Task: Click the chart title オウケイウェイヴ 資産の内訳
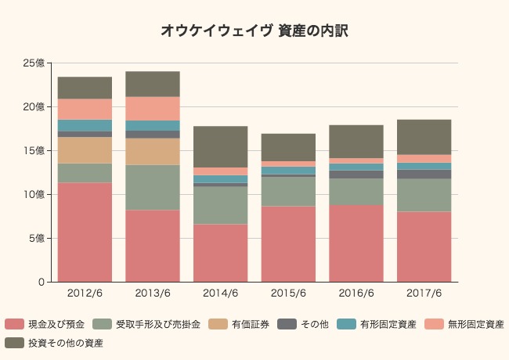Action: coord(254,31)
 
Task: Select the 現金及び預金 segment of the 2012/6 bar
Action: coord(85,232)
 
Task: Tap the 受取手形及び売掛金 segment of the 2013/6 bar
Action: coord(153,187)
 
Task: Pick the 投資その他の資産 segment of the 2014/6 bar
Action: coord(220,146)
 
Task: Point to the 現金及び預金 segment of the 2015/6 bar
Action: coord(288,243)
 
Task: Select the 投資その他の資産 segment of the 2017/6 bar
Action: coord(424,137)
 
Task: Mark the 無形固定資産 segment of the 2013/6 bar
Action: coord(153,109)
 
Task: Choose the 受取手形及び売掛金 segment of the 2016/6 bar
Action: coord(356,192)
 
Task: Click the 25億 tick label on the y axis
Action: coord(33,63)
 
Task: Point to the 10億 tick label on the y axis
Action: coord(33,194)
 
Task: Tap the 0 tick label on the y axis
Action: coord(40,282)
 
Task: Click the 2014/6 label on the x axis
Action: coord(220,293)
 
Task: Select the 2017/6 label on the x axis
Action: coord(424,293)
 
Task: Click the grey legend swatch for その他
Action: coord(284,324)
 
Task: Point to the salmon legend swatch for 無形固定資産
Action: coord(429,324)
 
